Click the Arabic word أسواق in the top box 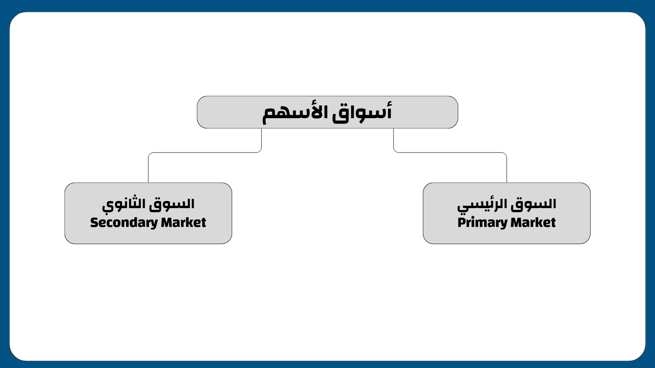click(362, 112)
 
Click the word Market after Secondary click(184, 222)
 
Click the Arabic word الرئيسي click(483, 204)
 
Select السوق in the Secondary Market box click(172, 204)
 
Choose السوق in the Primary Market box click(533, 204)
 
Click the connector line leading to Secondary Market click(205, 153)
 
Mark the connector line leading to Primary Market click(450, 153)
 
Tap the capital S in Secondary click(94, 222)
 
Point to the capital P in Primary click(462, 222)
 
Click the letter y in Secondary click(154, 224)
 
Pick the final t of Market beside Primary click(553, 222)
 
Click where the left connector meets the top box click(262, 128)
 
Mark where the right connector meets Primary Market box click(507, 183)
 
